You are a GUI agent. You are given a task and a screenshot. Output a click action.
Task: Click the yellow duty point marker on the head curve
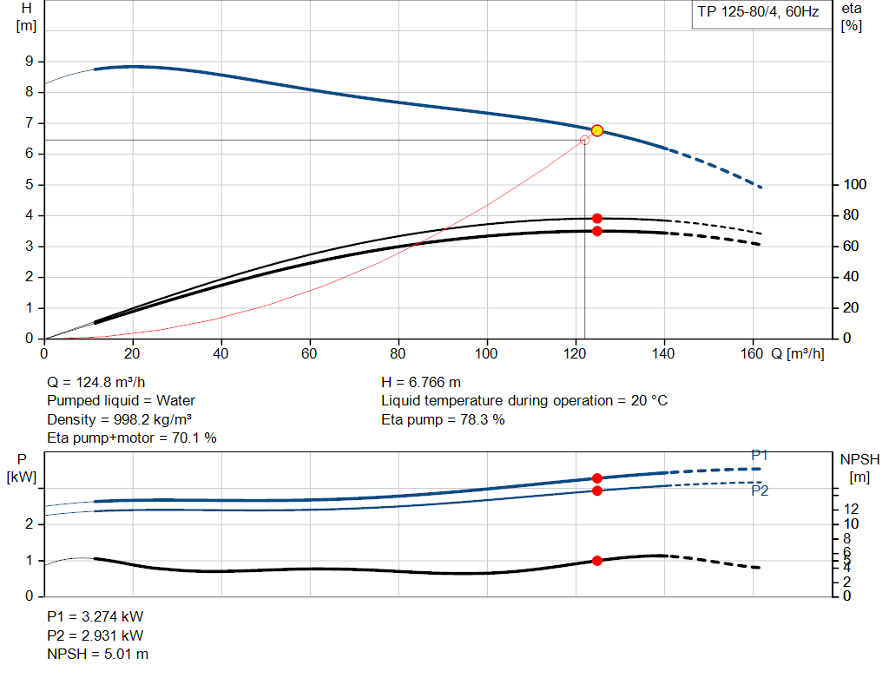click(597, 130)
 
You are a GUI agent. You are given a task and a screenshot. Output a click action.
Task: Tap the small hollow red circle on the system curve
click(584, 140)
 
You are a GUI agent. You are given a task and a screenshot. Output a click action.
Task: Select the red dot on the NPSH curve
click(597, 561)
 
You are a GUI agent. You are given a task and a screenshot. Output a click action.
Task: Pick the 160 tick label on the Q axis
click(753, 353)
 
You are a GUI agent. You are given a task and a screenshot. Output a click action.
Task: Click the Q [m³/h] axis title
click(798, 353)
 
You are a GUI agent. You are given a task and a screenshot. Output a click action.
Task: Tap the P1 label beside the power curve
click(760, 455)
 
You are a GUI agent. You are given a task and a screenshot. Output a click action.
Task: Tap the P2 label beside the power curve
click(760, 490)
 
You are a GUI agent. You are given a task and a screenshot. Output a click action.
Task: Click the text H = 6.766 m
click(421, 382)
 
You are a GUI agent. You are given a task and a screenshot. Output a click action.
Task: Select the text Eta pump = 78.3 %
click(443, 419)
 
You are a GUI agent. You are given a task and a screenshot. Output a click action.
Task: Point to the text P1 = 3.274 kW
click(95, 616)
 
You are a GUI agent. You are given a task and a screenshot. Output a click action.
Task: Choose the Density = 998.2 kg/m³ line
click(119, 419)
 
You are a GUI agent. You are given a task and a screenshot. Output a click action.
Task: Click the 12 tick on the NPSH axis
click(851, 508)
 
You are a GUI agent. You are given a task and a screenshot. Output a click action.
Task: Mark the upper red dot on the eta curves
click(597, 219)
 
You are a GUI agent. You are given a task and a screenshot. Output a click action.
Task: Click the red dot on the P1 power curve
click(597, 478)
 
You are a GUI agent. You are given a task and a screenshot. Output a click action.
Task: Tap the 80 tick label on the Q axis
click(398, 353)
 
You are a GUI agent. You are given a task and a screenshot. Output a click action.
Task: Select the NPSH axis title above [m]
click(859, 459)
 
